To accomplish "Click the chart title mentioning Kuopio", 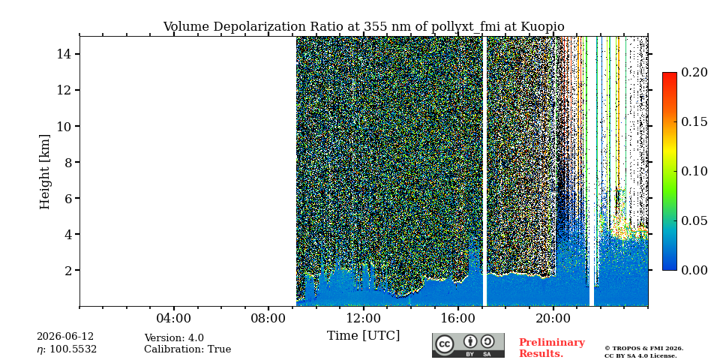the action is pos(364,27).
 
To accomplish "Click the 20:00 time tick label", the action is pos(553,319).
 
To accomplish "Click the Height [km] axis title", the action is pos(44,172).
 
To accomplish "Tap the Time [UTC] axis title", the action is pos(363,336).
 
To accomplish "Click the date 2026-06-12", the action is pos(65,337).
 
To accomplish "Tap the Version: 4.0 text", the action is pos(174,338).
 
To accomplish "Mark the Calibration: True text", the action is pos(187,349).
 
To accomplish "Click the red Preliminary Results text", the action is pos(552,347).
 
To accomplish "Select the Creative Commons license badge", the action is pos(468,345).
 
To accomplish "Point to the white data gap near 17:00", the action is pos(484,171).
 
